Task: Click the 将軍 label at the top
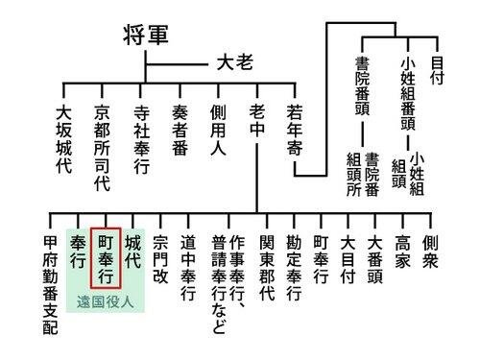coord(146,35)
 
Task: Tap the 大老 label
coord(235,62)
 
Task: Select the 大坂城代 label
coord(63,139)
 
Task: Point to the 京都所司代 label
coord(102,148)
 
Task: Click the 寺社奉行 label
coord(141,139)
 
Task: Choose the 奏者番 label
coord(180,131)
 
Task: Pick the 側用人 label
coord(218,131)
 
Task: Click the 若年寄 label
coord(295,131)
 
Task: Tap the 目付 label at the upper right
coord(437,71)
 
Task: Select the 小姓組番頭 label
coord(408,93)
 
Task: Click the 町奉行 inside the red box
coord(106,259)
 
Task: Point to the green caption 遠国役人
coord(105,301)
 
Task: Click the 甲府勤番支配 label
coord(50,285)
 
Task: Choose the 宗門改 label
coord(160,259)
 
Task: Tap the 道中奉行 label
coord(188,268)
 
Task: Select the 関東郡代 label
coord(267,268)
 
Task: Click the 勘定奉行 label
coord(294,268)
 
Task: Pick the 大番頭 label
coord(375,259)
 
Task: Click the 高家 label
coord(402,252)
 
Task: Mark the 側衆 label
coord(430,252)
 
